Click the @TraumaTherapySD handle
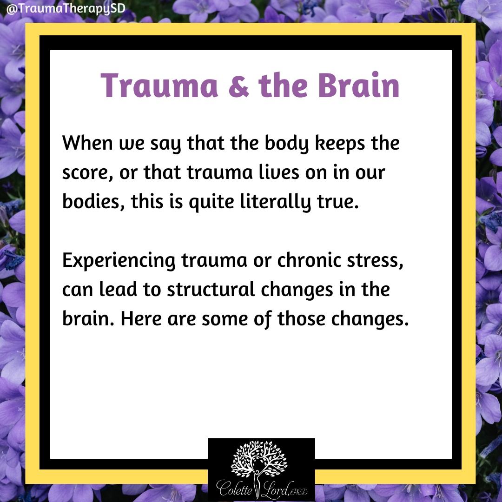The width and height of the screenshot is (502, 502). click(x=66, y=8)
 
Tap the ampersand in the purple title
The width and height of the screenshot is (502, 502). click(x=238, y=86)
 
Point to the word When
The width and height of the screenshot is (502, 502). click(x=87, y=143)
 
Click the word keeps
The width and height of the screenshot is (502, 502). click(x=340, y=144)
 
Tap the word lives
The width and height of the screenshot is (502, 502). click(x=279, y=172)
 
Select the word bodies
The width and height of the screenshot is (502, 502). click(x=91, y=202)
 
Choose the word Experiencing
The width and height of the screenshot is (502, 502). click(x=119, y=261)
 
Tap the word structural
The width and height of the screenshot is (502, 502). click(x=211, y=290)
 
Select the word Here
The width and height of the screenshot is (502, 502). click(x=141, y=319)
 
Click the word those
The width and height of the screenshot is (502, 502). click(x=301, y=319)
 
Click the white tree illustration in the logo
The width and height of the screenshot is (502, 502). click(x=259, y=459)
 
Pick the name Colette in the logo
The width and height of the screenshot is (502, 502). click(x=234, y=488)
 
